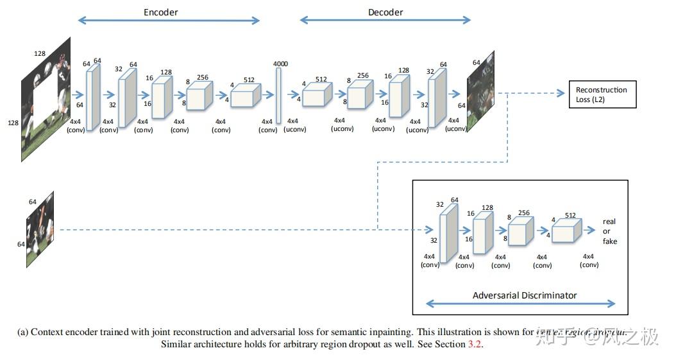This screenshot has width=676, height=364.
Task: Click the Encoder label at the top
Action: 161,12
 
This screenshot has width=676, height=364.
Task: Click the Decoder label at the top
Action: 385,12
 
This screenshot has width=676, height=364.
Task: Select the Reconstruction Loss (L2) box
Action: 601,94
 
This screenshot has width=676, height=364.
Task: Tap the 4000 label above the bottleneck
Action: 280,64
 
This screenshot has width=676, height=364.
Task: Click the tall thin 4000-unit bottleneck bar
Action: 279,96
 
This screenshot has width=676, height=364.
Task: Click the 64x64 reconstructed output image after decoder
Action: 480,92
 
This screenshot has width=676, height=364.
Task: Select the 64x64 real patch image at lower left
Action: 40,229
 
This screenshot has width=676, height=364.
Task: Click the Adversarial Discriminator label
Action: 524,295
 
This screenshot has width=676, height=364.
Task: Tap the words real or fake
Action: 609,231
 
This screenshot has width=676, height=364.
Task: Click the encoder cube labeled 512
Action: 243,96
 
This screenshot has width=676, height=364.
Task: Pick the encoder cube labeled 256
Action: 199,97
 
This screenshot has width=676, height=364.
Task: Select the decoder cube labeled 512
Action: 315,96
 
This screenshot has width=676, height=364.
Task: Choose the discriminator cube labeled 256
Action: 520,230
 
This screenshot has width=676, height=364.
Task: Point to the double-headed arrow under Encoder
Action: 169,21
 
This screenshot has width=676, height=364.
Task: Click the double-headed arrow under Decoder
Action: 385,21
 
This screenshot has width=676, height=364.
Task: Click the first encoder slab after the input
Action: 93,97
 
